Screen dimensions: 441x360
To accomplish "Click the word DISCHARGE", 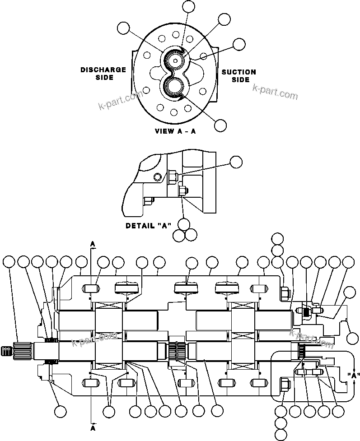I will (103, 70).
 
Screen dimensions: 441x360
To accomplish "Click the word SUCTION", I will (238, 72).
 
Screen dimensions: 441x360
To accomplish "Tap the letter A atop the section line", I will (92, 244).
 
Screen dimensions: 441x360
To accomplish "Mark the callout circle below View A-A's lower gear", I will (220, 125).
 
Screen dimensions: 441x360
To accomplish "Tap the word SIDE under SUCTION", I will (241, 80).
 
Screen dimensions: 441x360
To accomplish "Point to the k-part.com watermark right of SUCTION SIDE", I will (276, 93).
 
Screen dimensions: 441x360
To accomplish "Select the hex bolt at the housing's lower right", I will (285, 385).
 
